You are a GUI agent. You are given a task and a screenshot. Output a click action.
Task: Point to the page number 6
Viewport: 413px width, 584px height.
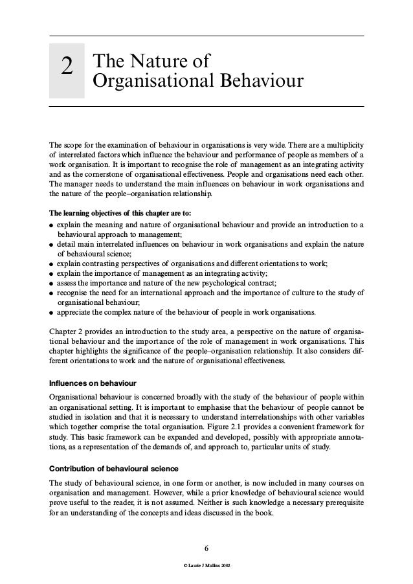[206, 551]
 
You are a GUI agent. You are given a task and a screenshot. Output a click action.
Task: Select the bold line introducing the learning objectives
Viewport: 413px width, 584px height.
[120, 212]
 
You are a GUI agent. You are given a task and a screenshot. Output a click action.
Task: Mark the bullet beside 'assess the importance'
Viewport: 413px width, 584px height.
[51, 283]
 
